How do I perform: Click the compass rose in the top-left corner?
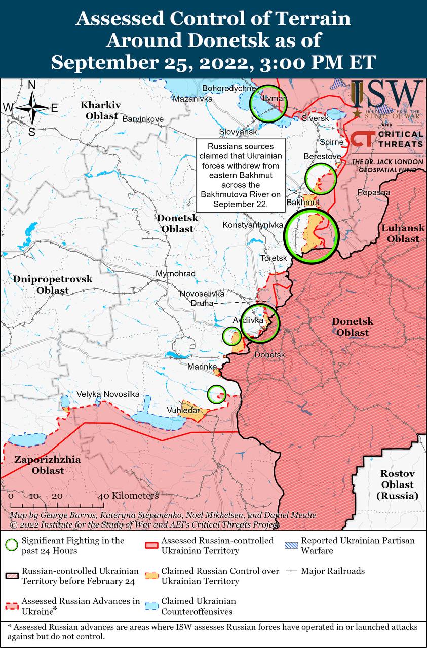(31, 107)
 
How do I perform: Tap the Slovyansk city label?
(238, 132)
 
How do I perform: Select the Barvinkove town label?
(143, 119)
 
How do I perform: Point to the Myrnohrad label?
(175, 274)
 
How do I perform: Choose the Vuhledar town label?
(183, 410)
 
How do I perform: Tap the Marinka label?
(202, 367)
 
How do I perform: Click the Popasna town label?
(373, 192)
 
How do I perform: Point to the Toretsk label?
(274, 258)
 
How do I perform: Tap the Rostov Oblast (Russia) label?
(398, 484)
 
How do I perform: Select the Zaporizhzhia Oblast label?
(40, 465)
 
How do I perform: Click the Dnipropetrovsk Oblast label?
(53, 285)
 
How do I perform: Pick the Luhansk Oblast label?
(400, 233)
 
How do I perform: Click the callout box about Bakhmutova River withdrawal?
(240, 175)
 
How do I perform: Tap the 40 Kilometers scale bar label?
(131, 495)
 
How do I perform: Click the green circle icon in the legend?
(11, 545)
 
